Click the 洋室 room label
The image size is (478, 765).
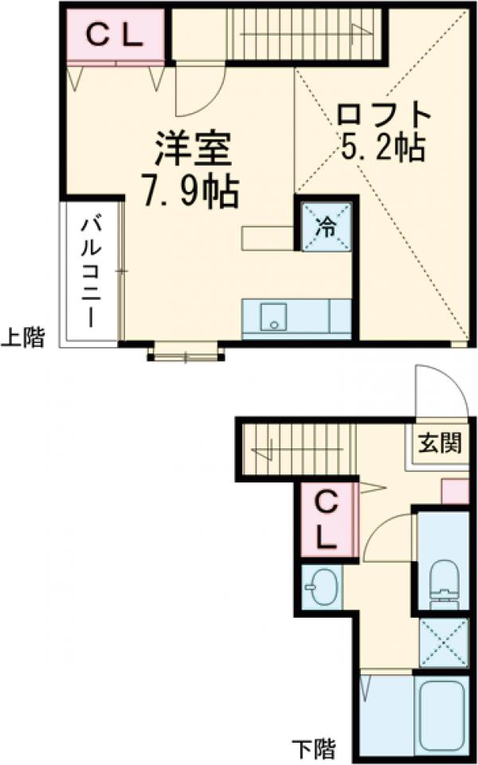pyautogui.click(x=192, y=148)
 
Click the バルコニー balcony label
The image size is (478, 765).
pyautogui.click(x=90, y=271)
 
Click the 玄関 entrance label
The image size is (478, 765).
pyautogui.click(x=439, y=443)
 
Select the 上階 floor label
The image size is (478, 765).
pyautogui.click(x=22, y=338)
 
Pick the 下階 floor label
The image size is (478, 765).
pyautogui.click(x=312, y=749)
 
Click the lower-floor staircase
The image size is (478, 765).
pyautogui.click(x=295, y=449)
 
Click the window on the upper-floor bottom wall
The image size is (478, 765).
pyautogui.click(x=185, y=351)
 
